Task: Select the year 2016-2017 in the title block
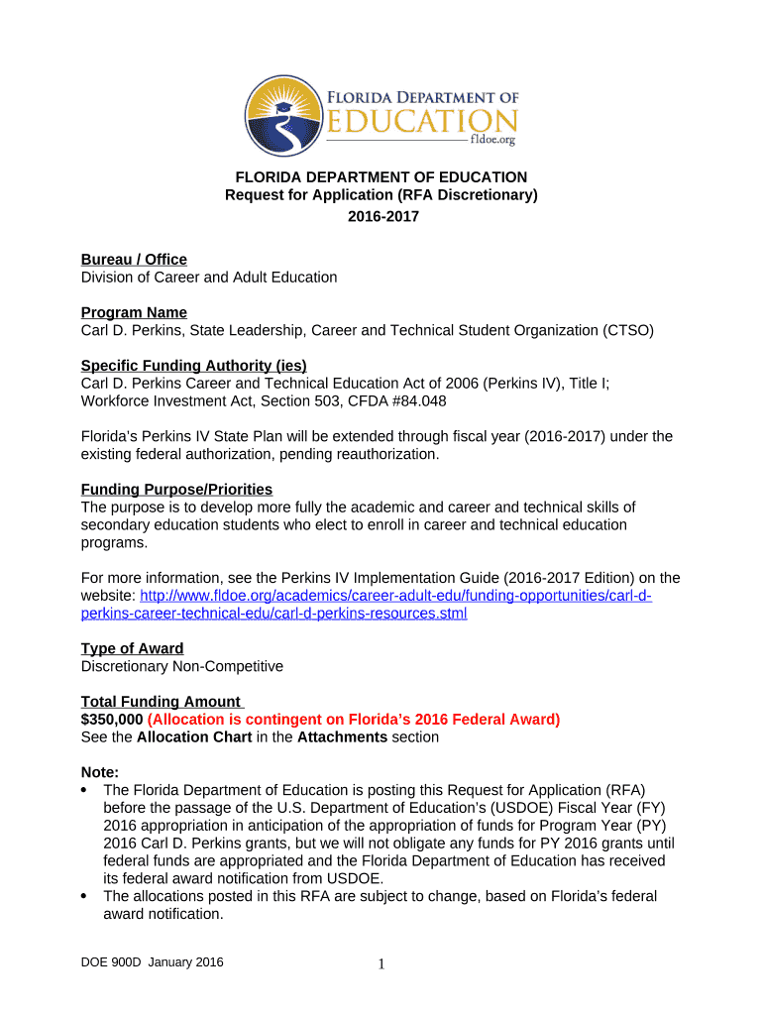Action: point(382,216)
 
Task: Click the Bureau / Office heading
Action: point(134,260)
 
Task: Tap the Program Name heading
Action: point(134,312)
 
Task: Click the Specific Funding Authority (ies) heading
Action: point(193,366)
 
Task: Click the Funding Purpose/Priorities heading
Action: point(176,490)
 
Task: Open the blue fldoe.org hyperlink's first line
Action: point(395,596)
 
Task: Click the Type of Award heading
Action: point(132,648)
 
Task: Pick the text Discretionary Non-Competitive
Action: point(181,666)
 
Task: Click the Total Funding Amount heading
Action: point(162,702)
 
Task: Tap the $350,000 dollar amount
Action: point(111,720)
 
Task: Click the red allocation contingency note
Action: point(354,720)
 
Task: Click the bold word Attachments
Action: point(341,737)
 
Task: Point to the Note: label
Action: point(100,772)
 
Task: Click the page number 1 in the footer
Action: point(381,964)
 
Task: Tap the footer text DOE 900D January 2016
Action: point(153,962)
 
